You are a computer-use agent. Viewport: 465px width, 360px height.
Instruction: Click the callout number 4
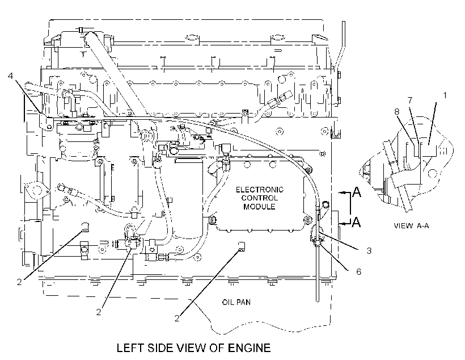pyautogui.click(x=11, y=76)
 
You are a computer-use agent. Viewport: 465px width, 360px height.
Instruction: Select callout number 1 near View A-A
pyautogui.click(x=445, y=95)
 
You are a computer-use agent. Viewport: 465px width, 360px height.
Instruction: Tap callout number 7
pyautogui.click(x=410, y=101)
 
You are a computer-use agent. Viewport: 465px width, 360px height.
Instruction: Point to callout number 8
pyautogui.click(x=397, y=112)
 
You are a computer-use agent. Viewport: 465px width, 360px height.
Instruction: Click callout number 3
pyautogui.click(x=369, y=250)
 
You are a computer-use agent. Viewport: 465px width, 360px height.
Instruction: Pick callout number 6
pyautogui.click(x=359, y=271)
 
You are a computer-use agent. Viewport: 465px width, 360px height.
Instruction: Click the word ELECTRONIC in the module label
pyautogui.click(x=260, y=190)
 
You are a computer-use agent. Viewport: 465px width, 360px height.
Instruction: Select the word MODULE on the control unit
pyautogui.click(x=259, y=207)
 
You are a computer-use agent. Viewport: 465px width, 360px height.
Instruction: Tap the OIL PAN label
pyautogui.click(x=236, y=302)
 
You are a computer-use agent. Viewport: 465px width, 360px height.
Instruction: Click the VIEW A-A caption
pyautogui.click(x=411, y=226)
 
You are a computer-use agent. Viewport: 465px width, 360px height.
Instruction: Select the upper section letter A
pyautogui.click(x=357, y=192)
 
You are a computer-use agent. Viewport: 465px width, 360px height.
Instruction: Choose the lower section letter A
pyautogui.click(x=356, y=221)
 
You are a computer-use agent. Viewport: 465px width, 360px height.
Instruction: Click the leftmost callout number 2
pyautogui.click(x=19, y=282)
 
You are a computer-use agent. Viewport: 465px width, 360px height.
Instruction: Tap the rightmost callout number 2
pyautogui.click(x=177, y=319)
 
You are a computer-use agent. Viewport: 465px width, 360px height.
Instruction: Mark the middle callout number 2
pyautogui.click(x=99, y=312)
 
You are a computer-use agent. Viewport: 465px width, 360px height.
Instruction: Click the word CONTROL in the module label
pyautogui.click(x=260, y=198)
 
